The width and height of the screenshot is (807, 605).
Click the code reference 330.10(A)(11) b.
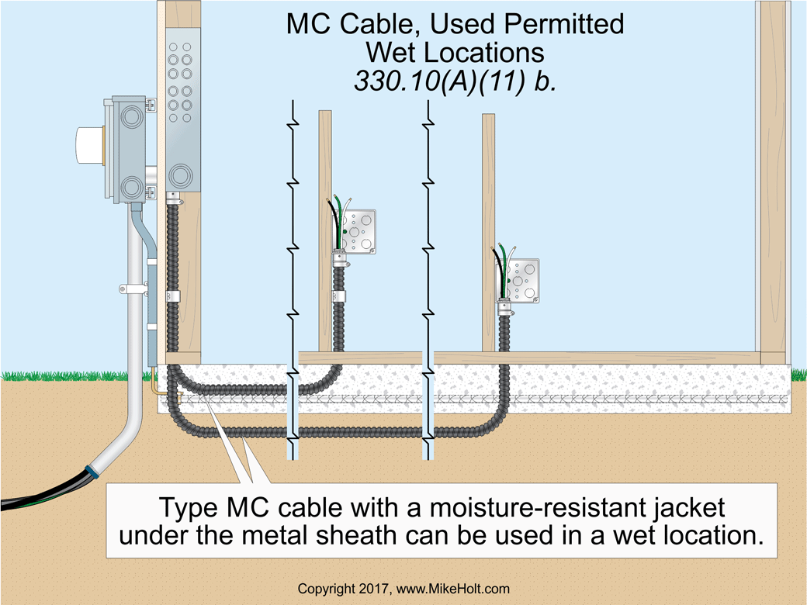tap(455, 81)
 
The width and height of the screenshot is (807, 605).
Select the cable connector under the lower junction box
tap(504, 303)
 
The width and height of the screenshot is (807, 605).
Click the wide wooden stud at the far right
tap(776, 178)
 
